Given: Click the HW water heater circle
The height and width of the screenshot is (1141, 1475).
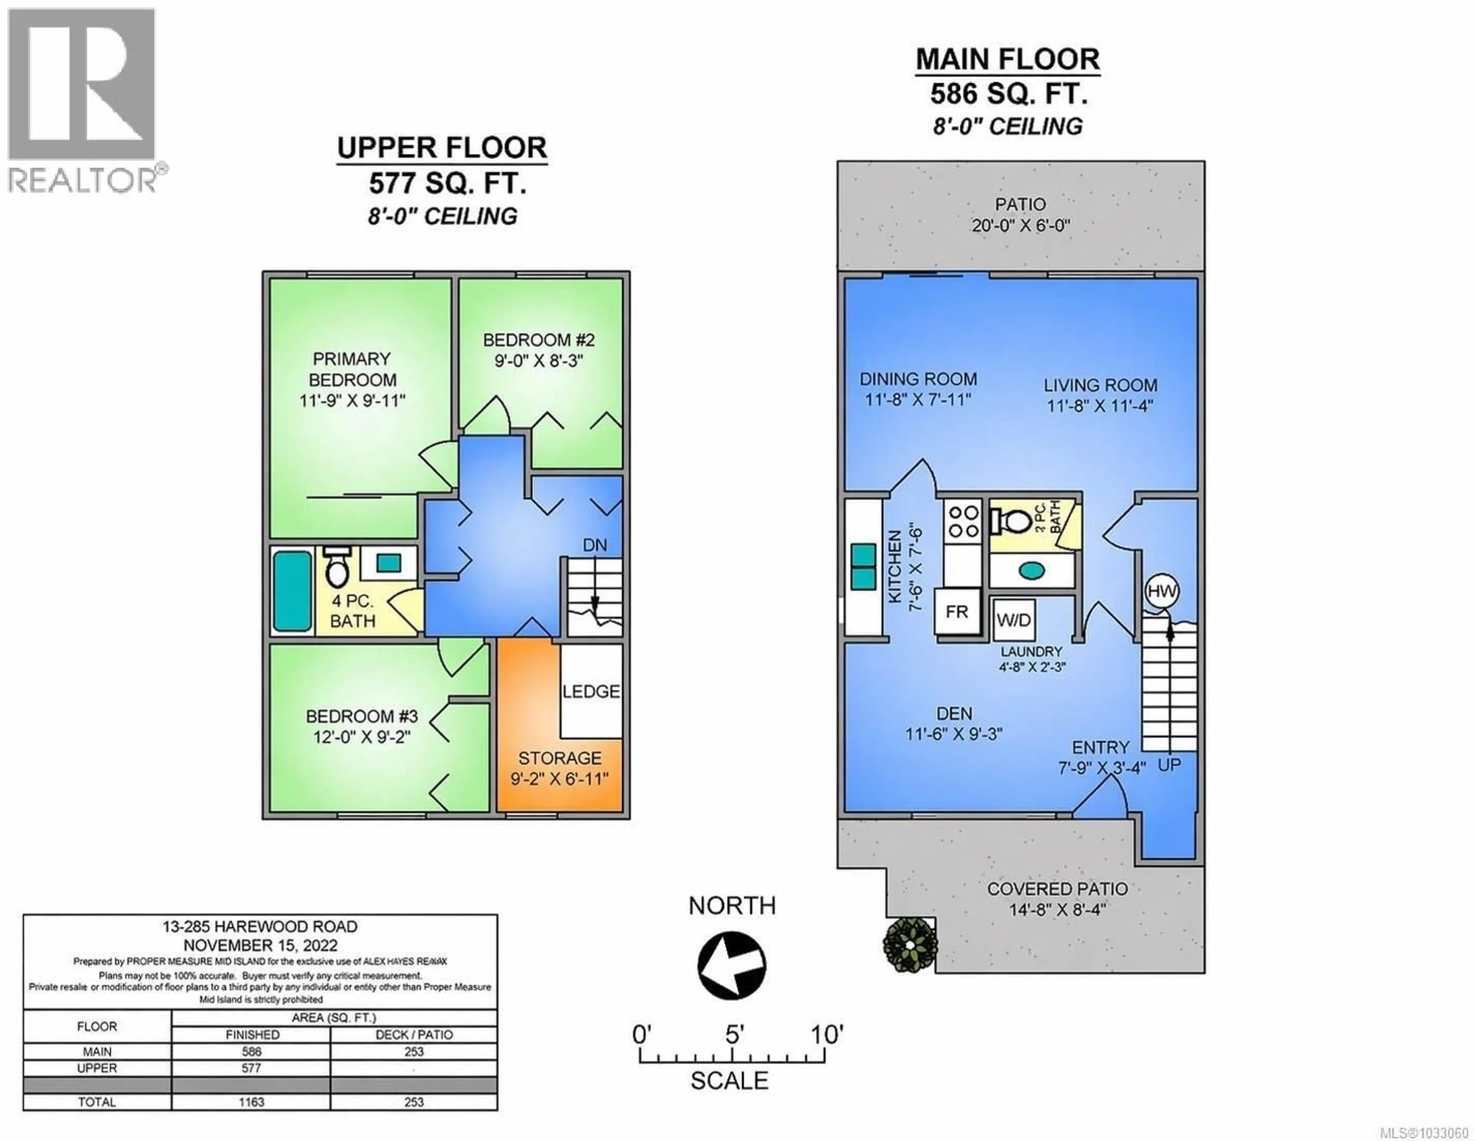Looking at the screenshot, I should pos(1162,592).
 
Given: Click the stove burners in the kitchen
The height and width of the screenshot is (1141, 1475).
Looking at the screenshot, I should pos(964,522).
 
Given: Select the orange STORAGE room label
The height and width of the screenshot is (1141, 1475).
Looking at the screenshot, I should pos(560,758).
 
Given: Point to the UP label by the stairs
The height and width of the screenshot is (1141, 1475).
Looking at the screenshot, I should pos(1169,765).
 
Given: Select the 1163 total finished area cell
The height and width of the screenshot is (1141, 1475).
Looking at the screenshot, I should pos(251,1102).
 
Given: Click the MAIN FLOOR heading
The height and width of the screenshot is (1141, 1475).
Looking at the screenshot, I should pos(1008,60).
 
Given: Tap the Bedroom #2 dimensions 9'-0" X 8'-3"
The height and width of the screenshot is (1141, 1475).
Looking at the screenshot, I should pos(538,361).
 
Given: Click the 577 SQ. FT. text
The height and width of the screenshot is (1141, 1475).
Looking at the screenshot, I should pos(447,183).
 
